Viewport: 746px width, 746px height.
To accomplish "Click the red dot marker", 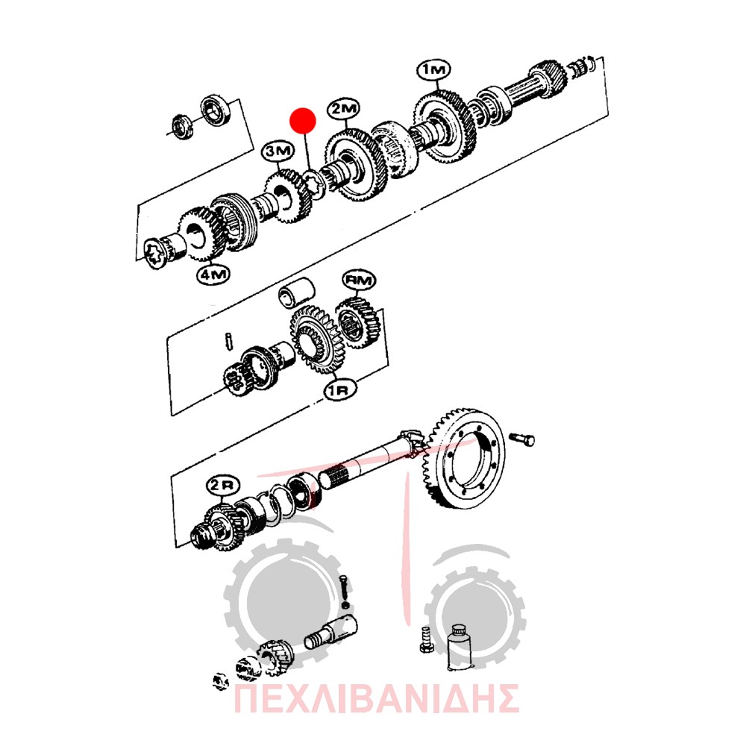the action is (x=303, y=120).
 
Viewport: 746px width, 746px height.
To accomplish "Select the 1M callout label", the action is (x=433, y=69).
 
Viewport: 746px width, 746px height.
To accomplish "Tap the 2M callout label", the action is (x=343, y=109).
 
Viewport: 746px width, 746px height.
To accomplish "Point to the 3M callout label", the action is (x=278, y=151).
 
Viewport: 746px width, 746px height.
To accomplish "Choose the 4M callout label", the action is (x=213, y=274).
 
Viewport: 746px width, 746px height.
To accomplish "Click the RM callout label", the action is (x=360, y=280).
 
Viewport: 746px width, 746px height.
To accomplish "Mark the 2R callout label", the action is (x=222, y=486).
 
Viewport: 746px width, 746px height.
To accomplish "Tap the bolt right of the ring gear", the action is (x=522, y=439).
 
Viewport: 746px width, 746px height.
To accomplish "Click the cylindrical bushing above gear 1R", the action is (x=296, y=292).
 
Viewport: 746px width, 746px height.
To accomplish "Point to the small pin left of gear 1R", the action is (x=229, y=342).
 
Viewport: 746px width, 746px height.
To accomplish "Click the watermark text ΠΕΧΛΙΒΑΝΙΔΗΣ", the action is (x=376, y=698).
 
